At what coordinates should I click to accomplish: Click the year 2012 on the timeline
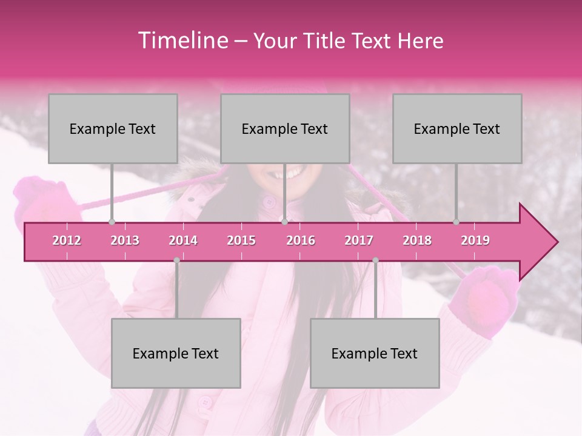coord(67,240)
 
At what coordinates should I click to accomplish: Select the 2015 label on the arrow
coord(241,240)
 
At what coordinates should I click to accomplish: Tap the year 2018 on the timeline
coord(417,240)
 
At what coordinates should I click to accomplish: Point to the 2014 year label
coord(183,240)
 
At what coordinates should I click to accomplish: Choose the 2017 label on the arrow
coord(359,240)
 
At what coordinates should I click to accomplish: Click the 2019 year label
coord(475,240)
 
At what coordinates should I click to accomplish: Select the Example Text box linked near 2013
coord(113,128)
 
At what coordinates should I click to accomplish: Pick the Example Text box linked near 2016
coord(285,128)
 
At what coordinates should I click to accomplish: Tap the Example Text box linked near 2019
coord(457,128)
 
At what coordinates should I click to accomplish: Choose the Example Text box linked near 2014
coord(176,353)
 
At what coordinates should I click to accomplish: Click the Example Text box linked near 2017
coord(375,353)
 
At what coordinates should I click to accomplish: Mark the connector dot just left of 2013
coord(112,222)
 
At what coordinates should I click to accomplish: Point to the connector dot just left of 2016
coord(284,222)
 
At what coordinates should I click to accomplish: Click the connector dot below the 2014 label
coord(176,260)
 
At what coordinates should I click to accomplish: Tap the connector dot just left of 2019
coord(457,222)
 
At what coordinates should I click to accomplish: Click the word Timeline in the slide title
coord(182,41)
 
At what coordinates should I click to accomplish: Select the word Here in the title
coord(420,41)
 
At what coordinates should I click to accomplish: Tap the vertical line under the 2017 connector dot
coord(375,291)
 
